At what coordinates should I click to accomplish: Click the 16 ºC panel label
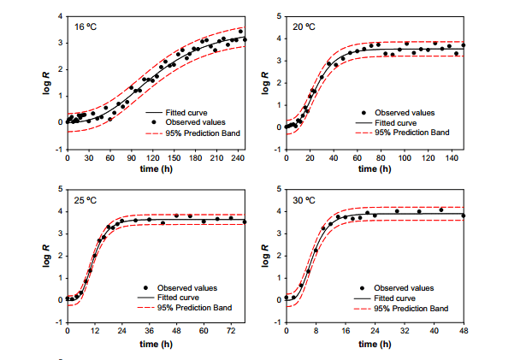coord(86,27)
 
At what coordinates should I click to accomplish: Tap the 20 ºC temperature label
coord(304,27)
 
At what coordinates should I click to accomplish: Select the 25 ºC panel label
coord(86,201)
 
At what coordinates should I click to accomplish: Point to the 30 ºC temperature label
coord(305,201)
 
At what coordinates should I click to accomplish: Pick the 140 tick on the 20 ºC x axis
coord(449,158)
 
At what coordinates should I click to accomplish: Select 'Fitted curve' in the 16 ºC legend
coord(186,112)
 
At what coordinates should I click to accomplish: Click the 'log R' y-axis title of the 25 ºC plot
coord(49,255)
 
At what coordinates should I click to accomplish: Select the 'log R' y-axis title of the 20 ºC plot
coord(266,82)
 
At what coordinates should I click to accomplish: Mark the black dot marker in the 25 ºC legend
coord(146,287)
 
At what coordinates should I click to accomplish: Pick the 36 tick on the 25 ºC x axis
coord(149,331)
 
